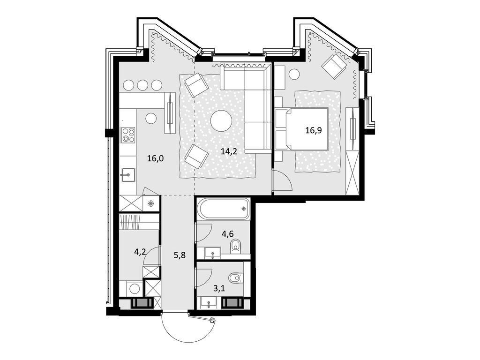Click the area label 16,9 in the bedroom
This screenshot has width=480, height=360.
(314, 130)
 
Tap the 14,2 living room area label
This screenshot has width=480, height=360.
(229, 151)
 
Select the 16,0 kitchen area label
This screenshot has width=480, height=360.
(155, 158)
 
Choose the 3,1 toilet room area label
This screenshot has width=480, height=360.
(219, 288)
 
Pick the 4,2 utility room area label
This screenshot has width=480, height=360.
(140, 252)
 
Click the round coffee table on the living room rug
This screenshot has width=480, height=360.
(221, 120)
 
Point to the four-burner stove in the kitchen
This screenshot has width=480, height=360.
(128, 135)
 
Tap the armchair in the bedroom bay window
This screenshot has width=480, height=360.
(334, 66)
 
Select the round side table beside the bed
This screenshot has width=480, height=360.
(294, 74)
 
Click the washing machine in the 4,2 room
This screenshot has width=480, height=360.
(134, 288)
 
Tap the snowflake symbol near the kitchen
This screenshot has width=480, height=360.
(151, 203)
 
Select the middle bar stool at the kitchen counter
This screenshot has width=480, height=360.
(142, 85)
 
